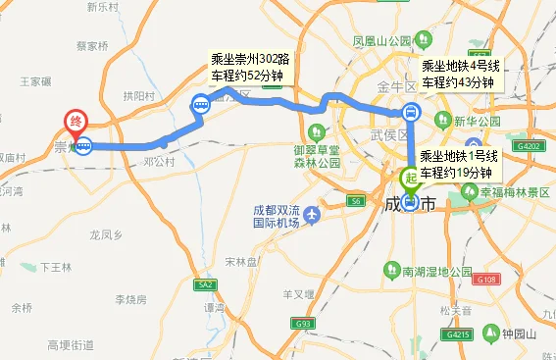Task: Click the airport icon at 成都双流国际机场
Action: (x=311, y=214)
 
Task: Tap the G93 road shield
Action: (x=303, y=323)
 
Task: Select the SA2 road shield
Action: (x=204, y=284)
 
